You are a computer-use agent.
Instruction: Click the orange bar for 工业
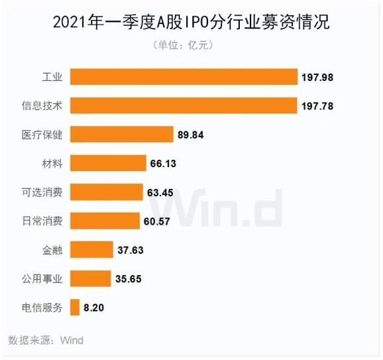pos(184,77)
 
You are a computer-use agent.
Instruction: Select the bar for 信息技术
pos(184,105)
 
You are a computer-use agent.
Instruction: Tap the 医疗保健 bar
pos(121,135)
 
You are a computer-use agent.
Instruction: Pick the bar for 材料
pos(108,163)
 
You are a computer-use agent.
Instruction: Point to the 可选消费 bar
pos(107,192)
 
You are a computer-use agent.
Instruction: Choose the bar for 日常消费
pos(105,221)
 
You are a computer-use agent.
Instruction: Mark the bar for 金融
pos(91,250)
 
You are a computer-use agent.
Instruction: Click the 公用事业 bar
pos(90,278)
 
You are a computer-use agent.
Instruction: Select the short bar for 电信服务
pos(74,308)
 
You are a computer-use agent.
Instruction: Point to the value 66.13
pos(163,163)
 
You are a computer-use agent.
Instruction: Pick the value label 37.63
pos(130,250)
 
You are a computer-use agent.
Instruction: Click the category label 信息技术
pos(42,105)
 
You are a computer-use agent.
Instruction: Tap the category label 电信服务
pos(42,308)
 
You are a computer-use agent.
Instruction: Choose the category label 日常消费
pos(42,221)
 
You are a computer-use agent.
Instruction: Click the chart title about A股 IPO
pos(191,22)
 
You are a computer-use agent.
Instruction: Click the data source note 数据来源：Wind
pos(46,340)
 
